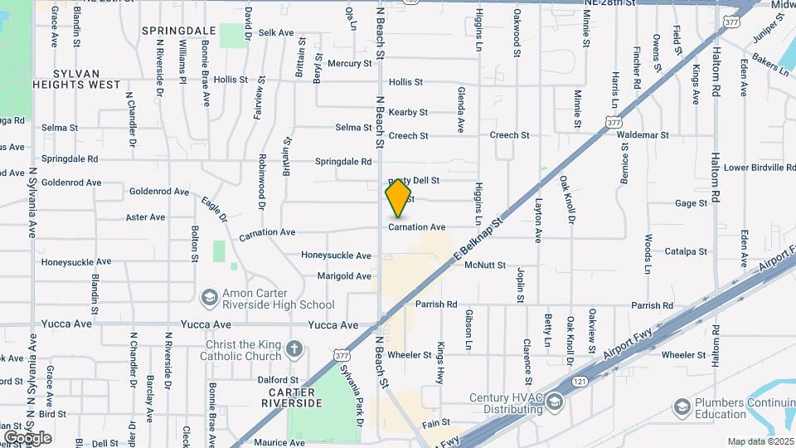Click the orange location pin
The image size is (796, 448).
399,198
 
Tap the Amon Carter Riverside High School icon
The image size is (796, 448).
209,297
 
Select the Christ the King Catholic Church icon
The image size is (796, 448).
294,350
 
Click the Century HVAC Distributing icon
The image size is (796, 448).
553,402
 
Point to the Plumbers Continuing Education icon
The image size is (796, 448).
682,407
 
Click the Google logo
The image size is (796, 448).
27,438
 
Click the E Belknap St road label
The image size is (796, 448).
479,241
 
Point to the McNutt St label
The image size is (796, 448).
485,265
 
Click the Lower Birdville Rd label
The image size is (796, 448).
760,168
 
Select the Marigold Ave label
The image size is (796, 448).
344,276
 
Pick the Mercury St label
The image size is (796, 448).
349,63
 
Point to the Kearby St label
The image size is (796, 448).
408,112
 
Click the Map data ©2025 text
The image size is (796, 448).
759,441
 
